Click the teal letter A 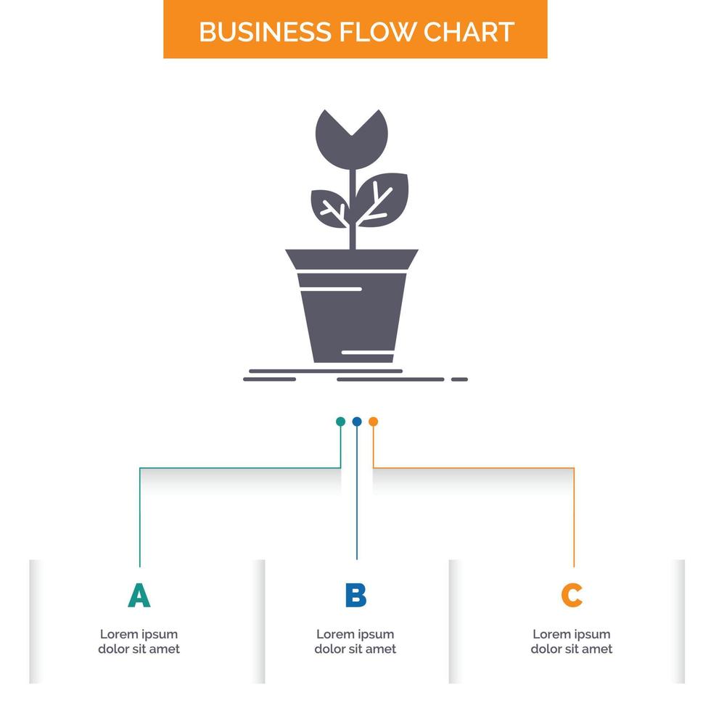(x=139, y=596)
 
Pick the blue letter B (x=355, y=596)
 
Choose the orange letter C (x=572, y=596)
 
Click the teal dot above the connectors (x=340, y=422)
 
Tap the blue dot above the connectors (x=356, y=422)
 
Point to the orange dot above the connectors (x=373, y=422)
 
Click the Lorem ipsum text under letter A (x=139, y=641)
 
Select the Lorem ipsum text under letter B (x=355, y=641)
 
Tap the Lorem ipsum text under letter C (x=572, y=641)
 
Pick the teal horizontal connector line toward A (x=239, y=468)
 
